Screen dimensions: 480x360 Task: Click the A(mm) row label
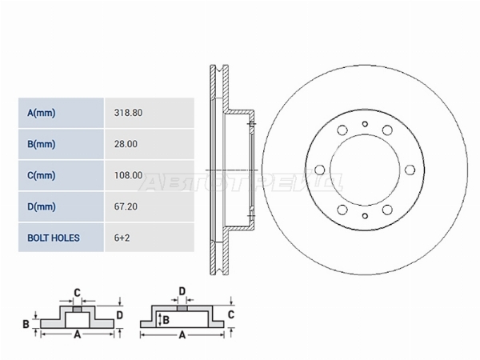tap(42, 113)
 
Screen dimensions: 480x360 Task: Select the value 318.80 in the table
tap(128, 113)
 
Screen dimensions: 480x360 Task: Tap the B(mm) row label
tap(42, 144)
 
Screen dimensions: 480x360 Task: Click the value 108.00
tap(128, 175)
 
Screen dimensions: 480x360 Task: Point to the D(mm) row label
tap(42, 206)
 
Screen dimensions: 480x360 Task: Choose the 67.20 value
tap(126, 206)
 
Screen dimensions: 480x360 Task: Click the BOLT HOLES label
tap(54, 238)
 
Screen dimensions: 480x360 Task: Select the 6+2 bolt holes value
tap(122, 238)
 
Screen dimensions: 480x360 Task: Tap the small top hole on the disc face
tap(365, 124)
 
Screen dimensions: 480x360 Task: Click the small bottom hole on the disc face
tap(365, 216)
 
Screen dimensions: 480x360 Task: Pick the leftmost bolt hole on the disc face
tap(319, 170)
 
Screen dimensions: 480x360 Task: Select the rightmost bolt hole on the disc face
tap(410, 170)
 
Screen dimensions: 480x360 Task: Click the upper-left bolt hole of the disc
tap(342, 130)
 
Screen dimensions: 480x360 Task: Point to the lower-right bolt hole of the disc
tap(387, 210)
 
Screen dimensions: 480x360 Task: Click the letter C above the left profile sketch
tap(77, 293)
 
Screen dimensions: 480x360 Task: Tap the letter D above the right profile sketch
tap(182, 291)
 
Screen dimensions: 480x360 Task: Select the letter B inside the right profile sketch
tap(166, 320)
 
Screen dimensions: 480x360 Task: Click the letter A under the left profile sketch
tap(78, 334)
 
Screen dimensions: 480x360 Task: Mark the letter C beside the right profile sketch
tap(231, 314)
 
